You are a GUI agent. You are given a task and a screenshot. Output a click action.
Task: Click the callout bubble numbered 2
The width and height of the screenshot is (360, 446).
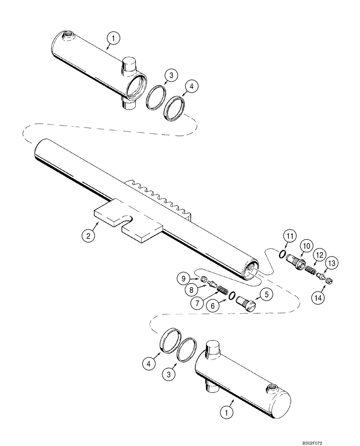click(88, 236)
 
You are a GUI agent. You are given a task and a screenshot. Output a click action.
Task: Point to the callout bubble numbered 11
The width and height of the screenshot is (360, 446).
click(290, 235)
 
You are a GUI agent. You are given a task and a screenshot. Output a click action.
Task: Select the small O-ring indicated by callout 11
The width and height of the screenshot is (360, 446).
click(282, 254)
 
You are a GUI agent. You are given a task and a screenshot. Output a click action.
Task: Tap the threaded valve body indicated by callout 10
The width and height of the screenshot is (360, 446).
click(295, 261)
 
